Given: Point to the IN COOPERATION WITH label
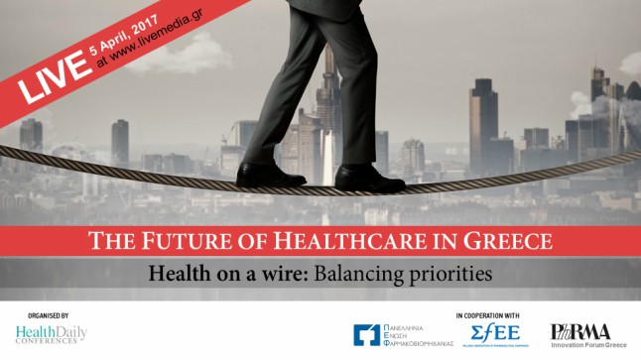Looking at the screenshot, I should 486,314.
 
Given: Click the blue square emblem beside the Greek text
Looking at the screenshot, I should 367,335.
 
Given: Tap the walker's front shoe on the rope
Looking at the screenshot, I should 368,179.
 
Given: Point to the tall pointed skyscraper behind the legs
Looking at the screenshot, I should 327,99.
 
